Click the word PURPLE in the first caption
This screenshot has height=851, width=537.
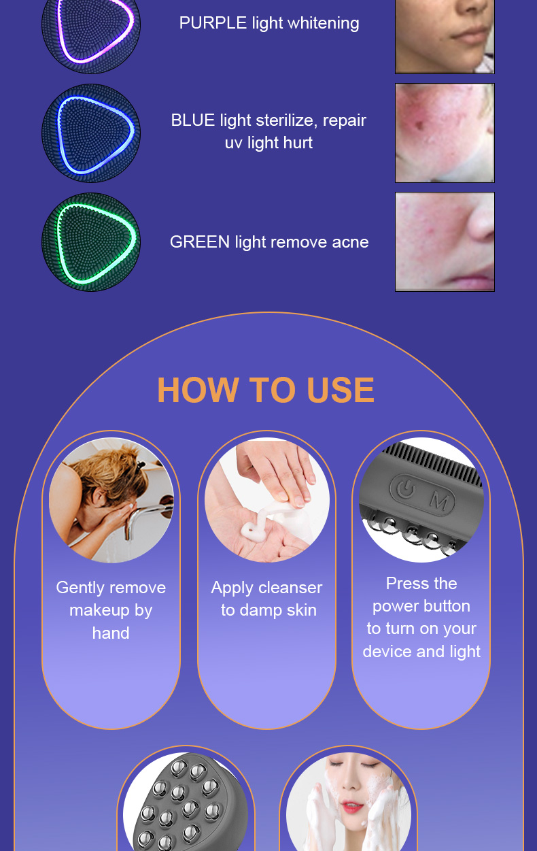coord(213,23)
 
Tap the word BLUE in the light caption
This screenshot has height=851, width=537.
coord(193,120)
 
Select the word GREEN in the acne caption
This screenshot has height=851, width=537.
coord(200,242)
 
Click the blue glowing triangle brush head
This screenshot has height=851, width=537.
coord(90,133)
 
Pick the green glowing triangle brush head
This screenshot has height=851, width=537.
coord(90,242)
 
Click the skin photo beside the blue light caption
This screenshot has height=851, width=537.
coord(445,133)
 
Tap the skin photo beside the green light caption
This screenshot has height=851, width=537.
coord(445,242)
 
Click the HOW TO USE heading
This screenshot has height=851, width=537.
coord(266,390)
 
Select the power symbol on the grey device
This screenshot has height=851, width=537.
coord(406,488)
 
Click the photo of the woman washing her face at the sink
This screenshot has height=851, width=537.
coord(111,500)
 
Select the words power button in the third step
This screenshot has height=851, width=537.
coord(421,606)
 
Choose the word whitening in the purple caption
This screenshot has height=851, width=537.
coord(324,24)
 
